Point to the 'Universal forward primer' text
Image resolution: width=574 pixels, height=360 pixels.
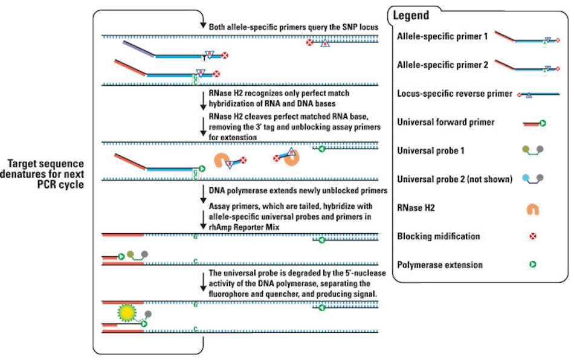tap(446, 122)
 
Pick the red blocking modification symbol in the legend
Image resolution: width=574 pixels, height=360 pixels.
tap(532, 237)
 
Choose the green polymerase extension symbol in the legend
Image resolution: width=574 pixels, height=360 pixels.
tap(533, 265)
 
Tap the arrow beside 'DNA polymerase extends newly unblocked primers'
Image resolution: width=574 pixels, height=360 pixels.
tap(203, 192)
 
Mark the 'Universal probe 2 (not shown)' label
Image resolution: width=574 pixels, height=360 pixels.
tap(454, 179)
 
